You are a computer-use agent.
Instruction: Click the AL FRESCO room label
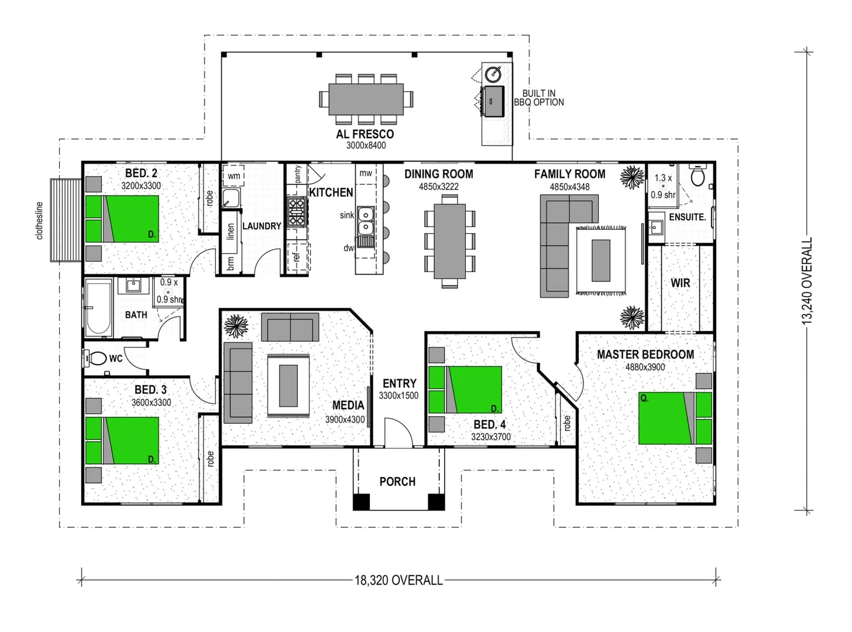click(x=365, y=134)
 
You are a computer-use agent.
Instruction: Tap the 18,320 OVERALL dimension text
click(x=398, y=581)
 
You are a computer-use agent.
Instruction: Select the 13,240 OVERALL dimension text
click(x=808, y=281)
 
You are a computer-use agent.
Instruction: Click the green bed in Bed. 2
click(x=122, y=218)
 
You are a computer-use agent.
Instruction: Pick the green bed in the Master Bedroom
click(x=675, y=418)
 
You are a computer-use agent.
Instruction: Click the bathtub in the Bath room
click(x=98, y=307)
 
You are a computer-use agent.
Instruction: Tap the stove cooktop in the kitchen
click(x=296, y=212)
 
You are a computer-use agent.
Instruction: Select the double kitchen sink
click(x=366, y=220)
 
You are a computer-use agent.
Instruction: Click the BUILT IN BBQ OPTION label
click(x=539, y=98)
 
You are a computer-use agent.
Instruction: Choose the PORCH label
click(x=397, y=482)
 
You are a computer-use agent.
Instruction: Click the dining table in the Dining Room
click(x=449, y=241)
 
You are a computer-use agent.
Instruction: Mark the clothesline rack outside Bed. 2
click(x=65, y=220)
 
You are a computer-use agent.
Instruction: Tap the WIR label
click(x=680, y=283)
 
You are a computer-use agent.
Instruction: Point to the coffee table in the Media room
click(x=288, y=385)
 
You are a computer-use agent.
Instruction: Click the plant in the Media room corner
click(x=236, y=325)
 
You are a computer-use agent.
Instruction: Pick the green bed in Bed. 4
click(x=465, y=390)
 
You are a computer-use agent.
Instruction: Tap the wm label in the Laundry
click(x=233, y=176)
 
